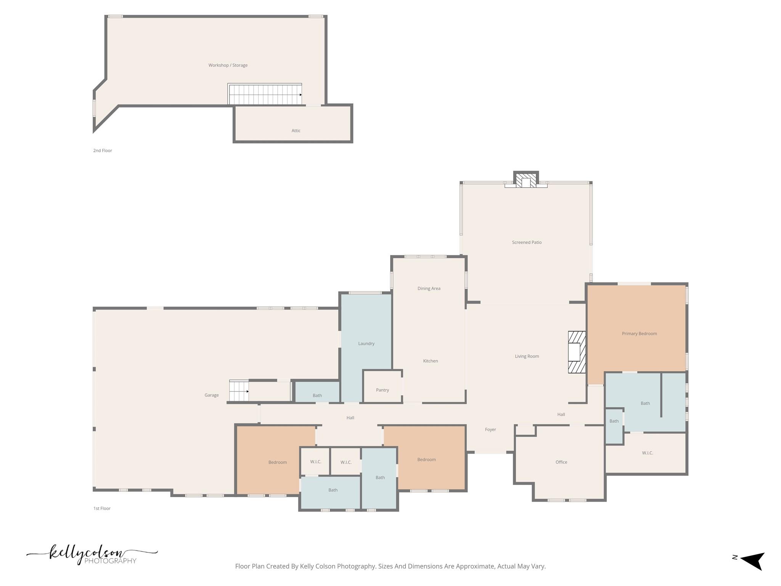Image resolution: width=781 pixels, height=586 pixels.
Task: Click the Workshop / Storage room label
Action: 228,65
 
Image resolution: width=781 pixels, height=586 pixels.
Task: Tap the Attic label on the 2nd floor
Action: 296,130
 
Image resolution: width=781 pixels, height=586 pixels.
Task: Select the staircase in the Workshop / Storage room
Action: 265,95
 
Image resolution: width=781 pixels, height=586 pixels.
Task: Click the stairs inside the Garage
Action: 239,391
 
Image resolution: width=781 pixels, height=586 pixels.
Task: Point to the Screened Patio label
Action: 527,242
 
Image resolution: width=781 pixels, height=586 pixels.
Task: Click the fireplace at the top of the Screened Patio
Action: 526,180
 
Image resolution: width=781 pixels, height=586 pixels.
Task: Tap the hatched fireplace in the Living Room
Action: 577,352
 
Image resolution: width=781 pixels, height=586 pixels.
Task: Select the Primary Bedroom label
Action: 639,333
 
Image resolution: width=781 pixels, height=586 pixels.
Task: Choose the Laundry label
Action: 366,343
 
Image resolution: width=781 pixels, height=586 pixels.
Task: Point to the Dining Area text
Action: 429,288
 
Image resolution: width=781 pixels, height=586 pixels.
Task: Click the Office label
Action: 561,462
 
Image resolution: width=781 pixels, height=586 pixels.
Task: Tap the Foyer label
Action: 490,430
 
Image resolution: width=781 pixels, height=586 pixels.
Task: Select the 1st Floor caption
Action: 102,508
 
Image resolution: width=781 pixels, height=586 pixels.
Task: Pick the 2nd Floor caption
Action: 103,150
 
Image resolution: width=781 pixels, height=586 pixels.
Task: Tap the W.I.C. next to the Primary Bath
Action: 647,453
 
